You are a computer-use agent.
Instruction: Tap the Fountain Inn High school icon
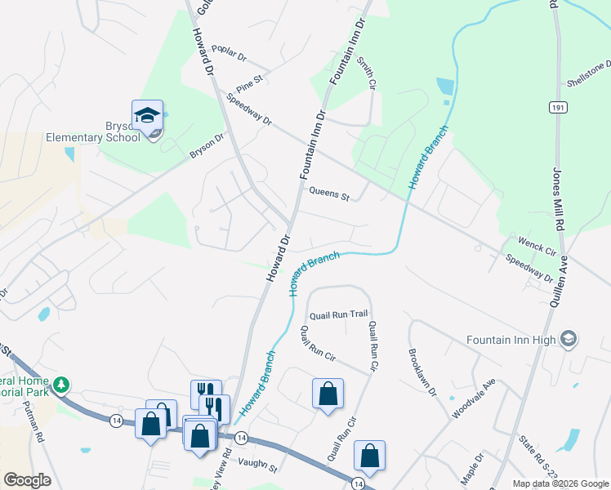click(x=569, y=339)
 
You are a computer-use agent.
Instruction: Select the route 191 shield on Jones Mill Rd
click(x=557, y=107)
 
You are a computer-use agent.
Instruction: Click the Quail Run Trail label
click(x=339, y=314)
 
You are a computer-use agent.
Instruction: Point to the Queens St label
click(x=328, y=195)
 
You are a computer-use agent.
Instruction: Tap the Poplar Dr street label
click(x=229, y=52)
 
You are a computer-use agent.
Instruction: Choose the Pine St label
click(x=248, y=82)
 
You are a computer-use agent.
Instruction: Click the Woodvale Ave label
click(x=475, y=397)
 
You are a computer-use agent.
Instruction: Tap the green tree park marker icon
click(x=60, y=384)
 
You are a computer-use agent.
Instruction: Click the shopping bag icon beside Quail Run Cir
click(x=328, y=394)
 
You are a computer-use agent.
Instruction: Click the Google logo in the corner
click(x=27, y=479)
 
